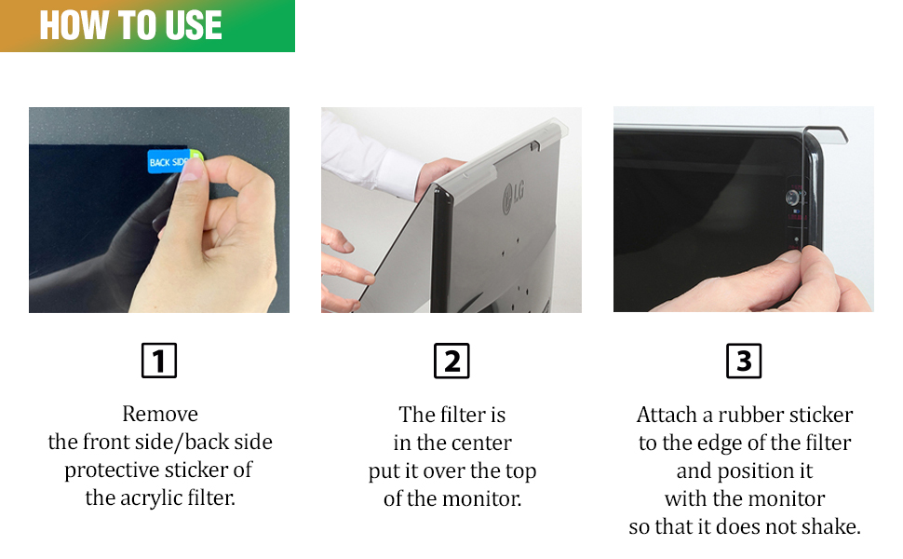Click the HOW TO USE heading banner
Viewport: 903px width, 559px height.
pyautogui.click(x=147, y=25)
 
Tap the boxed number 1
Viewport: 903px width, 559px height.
pyautogui.click(x=159, y=361)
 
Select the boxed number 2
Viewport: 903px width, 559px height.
pyautogui.click(x=451, y=361)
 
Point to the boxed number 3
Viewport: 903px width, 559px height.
pyautogui.click(x=744, y=361)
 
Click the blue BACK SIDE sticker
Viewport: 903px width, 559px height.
pyautogui.click(x=168, y=162)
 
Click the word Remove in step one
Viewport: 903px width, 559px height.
pyautogui.click(x=160, y=414)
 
